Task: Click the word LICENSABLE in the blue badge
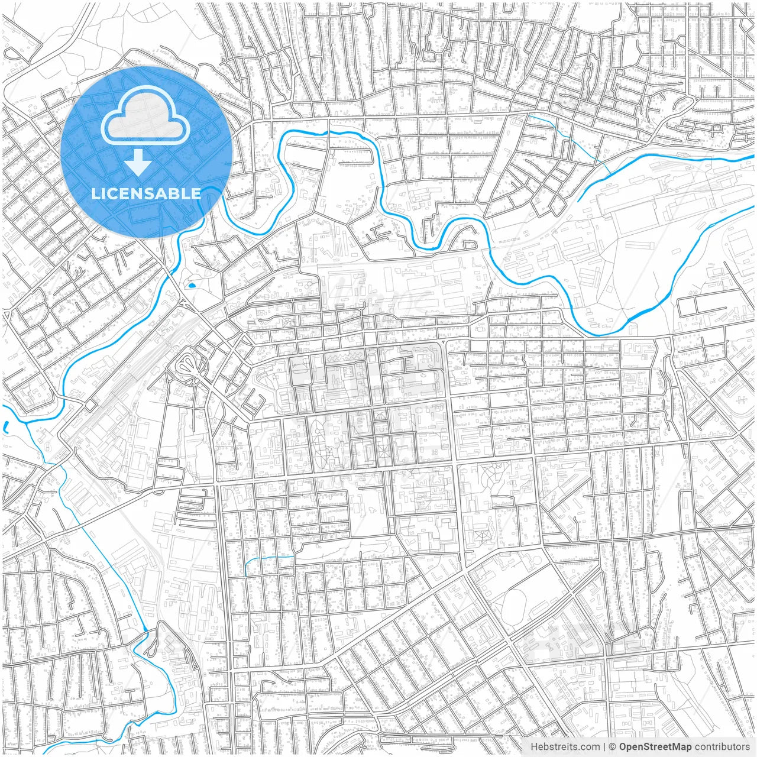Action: click(146, 193)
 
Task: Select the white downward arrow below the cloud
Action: click(138, 162)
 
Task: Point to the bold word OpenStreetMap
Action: click(655, 747)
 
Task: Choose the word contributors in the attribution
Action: click(722, 747)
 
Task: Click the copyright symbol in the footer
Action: click(613, 747)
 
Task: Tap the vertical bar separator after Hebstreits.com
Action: click(604, 747)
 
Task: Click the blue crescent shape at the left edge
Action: click(5, 426)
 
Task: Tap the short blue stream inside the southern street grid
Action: click(266, 559)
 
